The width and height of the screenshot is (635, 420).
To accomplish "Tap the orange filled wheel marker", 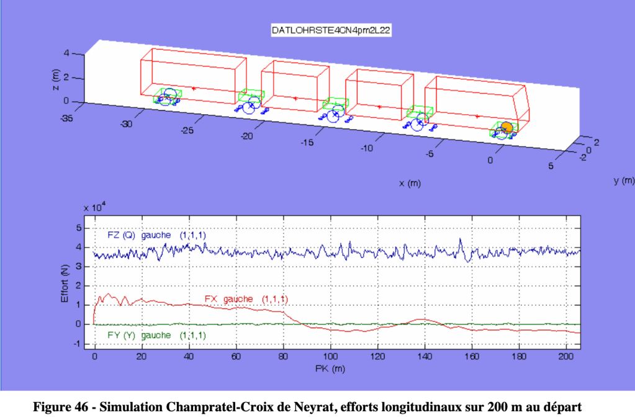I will (507, 127).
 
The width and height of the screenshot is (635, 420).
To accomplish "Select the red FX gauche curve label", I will (246, 299).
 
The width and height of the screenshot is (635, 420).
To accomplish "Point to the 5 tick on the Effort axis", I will (79, 228).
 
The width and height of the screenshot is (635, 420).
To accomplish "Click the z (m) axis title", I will (56, 77).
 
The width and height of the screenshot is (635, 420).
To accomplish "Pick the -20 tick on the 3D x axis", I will (246, 136).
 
